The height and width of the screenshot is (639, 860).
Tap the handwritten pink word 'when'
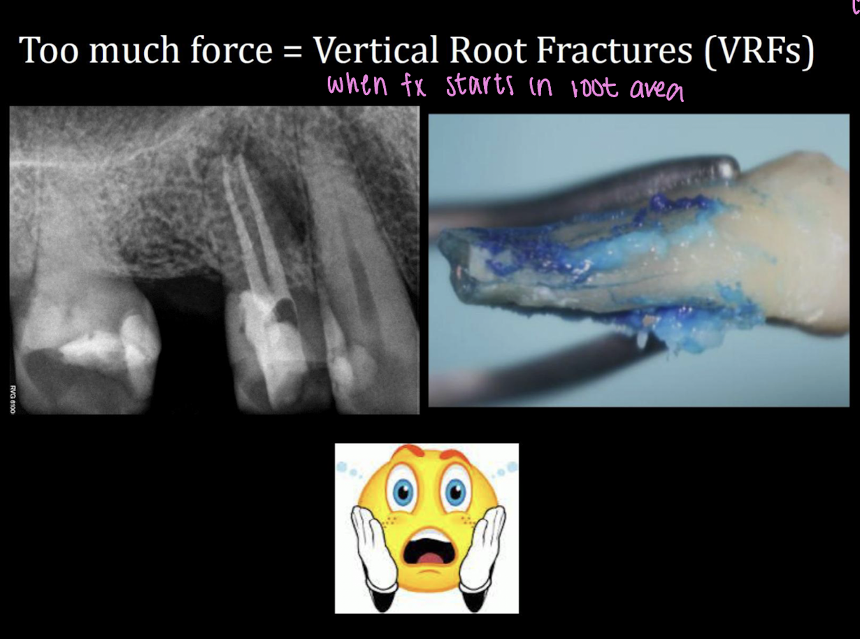point(357,86)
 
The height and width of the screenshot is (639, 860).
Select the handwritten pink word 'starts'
point(479,87)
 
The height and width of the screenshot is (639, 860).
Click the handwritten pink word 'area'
point(657,89)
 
